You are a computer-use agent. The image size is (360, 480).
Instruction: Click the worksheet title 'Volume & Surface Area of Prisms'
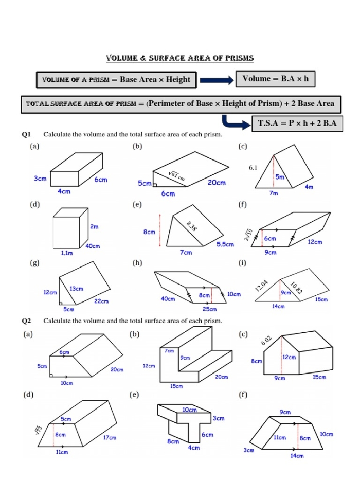coord(179,58)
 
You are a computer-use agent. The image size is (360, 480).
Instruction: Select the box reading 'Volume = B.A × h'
coord(275,79)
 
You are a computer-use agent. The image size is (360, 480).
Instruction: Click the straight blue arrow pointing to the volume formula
coord(217,80)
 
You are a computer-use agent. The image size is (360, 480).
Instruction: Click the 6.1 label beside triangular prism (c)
coord(253,168)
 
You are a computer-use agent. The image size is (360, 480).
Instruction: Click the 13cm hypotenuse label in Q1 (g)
coord(77,289)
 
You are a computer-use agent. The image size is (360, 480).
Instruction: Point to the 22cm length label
coord(101,301)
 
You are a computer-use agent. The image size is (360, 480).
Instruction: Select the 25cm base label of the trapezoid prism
coord(209,309)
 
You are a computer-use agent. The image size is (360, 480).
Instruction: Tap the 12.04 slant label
coord(262,286)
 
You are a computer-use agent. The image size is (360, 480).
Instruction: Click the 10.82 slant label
coord(296,288)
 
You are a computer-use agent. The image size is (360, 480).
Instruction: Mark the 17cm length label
coord(109,438)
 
